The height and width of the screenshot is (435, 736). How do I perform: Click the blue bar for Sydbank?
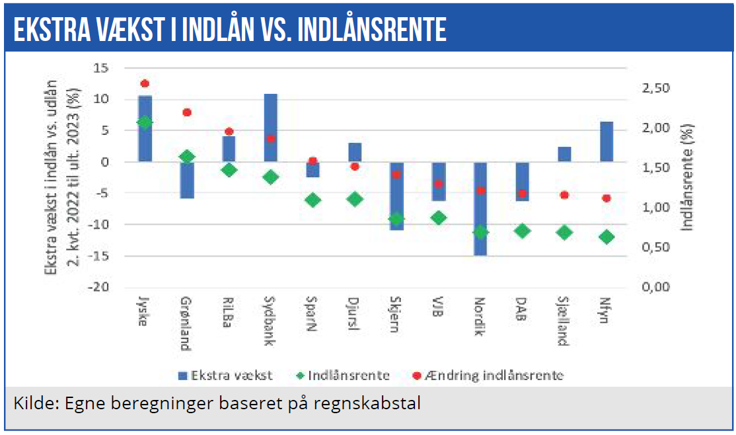pyautogui.click(x=271, y=128)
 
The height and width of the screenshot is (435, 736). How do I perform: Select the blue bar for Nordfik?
pyautogui.click(x=480, y=208)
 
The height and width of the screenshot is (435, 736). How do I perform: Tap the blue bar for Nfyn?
pyautogui.click(x=606, y=141)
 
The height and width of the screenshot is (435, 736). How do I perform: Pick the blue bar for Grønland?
pyautogui.click(x=187, y=180)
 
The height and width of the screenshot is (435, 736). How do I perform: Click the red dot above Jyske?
pyautogui.click(x=145, y=84)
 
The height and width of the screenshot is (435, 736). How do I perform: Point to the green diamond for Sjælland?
pyautogui.click(x=564, y=232)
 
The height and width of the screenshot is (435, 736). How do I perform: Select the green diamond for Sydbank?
pyautogui.click(x=271, y=177)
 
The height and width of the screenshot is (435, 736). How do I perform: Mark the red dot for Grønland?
pyautogui.click(x=187, y=112)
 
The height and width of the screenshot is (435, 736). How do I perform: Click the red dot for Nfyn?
pyautogui.click(x=606, y=198)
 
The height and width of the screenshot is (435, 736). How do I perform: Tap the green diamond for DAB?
pyautogui.click(x=522, y=231)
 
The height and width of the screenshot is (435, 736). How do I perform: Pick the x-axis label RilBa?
pyautogui.click(x=228, y=315)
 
